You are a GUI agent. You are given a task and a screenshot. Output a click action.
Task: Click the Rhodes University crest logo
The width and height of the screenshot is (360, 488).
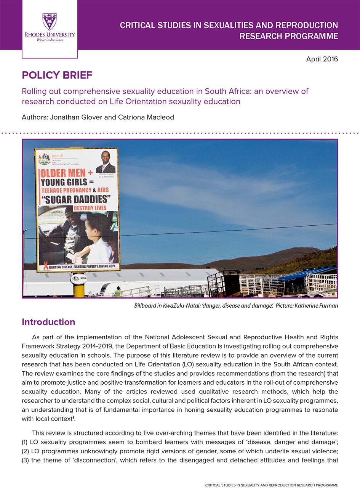tap(50, 21)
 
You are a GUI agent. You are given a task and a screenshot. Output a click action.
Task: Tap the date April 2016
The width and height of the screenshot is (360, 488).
tap(322, 59)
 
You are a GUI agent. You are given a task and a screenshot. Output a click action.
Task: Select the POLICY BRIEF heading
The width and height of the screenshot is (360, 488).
tap(57, 75)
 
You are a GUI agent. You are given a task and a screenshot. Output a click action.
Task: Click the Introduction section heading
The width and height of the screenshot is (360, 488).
tap(48, 322)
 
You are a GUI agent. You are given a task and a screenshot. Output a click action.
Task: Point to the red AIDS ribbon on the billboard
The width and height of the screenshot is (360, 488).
tap(46, 265)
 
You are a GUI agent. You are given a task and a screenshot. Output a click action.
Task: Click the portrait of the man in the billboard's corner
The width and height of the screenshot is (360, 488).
tap(106, 162)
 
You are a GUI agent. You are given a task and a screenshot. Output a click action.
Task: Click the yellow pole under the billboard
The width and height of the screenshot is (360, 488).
tap(79, 290)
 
